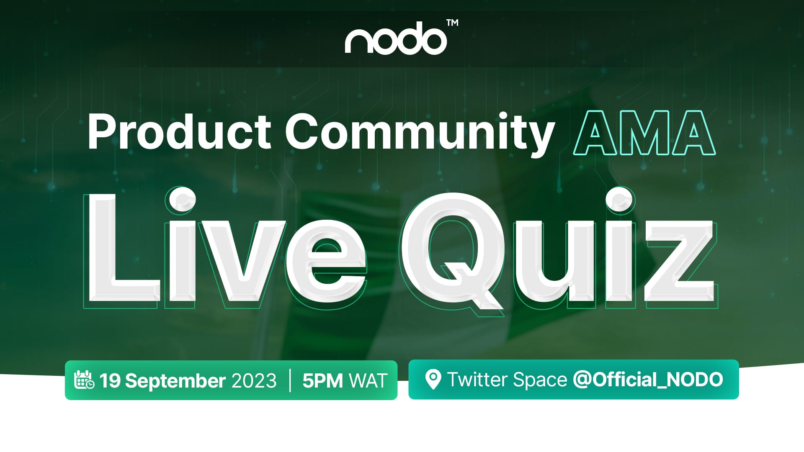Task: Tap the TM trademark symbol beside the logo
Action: coord(452,23)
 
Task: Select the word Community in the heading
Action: coord(420,134)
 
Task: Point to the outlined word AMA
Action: coord(644,133)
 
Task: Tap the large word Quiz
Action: coord(557,249)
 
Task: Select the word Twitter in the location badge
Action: coord(477,380)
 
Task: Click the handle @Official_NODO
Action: coord(648,380)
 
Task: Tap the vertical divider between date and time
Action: coord(290,380)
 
